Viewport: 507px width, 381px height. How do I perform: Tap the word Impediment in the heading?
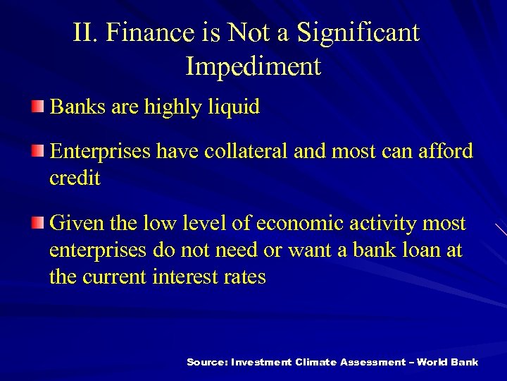pos(254,66)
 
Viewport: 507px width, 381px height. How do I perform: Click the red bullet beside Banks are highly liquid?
pos(37,107)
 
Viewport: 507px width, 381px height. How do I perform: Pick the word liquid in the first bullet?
pos(234,107)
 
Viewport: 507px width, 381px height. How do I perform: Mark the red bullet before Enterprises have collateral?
pos(37,150)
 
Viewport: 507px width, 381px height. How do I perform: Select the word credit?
pos(75,178)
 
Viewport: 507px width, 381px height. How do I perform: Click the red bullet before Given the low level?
pos(37,224)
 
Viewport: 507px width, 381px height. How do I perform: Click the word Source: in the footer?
pos(207,362)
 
